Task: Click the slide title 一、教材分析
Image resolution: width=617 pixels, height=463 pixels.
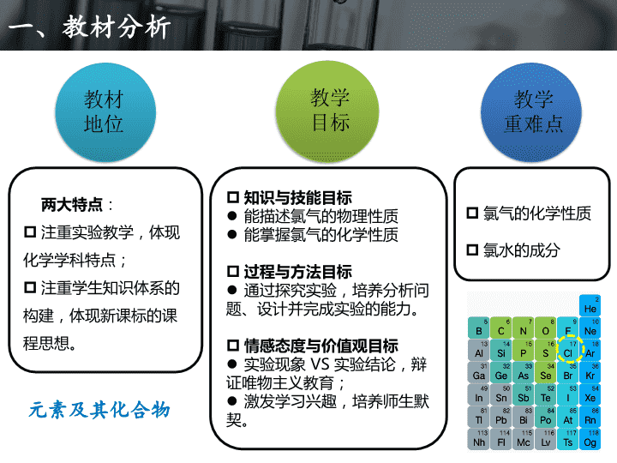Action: pos(89,27)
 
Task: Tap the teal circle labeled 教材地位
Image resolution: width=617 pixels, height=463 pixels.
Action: pos(105,112)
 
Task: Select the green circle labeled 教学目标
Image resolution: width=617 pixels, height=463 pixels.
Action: pos(327,111)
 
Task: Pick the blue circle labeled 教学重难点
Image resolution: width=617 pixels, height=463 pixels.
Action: pos(531,112)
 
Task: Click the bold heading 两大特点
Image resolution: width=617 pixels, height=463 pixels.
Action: pos(72,205)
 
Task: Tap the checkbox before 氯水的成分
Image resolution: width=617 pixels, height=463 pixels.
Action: pos(472,250)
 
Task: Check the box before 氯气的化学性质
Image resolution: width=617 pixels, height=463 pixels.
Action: pos(472,213)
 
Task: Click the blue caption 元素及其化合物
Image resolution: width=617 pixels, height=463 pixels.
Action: pos(99,410)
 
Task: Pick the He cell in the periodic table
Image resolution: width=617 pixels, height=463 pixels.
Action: pos(590,305)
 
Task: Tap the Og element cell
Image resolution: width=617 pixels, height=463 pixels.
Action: pos(590,439)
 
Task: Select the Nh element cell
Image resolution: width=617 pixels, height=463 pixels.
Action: pos(478,439)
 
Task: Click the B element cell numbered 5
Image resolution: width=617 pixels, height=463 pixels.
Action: pos(478,328)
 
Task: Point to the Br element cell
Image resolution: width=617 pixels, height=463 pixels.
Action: pos(568,372)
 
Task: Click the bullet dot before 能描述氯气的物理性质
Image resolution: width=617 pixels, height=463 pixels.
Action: pos(232,216)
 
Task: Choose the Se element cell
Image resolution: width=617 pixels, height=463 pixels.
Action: pos(545,372)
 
